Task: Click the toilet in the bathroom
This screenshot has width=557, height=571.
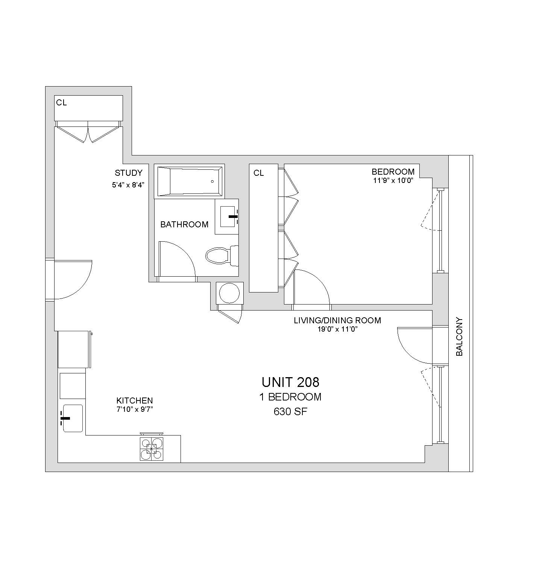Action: click(x=222, y=256)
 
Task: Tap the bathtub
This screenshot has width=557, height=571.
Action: click(x=189, y=181)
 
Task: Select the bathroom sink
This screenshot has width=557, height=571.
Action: click(x=227, y=216)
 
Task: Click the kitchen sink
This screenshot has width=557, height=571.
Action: click(x=73, y=418)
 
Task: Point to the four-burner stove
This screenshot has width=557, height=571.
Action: click(x=152, y=449)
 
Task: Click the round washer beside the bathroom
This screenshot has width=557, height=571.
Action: click(x=229, y=293)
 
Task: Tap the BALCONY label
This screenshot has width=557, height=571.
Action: click(x=459, y=337)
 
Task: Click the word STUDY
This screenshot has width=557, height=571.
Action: click(x=129, y=173)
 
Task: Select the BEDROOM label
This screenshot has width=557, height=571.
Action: click(x=393, y=172)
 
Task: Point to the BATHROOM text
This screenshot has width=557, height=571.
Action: click(x=184, y=224)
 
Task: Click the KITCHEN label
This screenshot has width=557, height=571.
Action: click(x=135, y=400)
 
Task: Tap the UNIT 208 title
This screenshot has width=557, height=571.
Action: click(x=290, y=382)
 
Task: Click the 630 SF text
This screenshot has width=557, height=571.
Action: click(x=290, y=412)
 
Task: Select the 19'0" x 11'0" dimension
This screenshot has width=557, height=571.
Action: click(x=337, y=329)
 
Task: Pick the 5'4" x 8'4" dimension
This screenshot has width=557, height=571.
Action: click(x=129, y=185)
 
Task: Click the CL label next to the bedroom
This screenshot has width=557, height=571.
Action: click(x=259, y=173)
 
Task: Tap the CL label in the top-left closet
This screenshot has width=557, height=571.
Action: click(x=61, y=102)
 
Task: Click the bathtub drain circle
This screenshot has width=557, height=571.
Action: click(x=212, y=181)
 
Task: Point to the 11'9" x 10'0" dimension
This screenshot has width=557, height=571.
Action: click(x=393, y=180)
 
